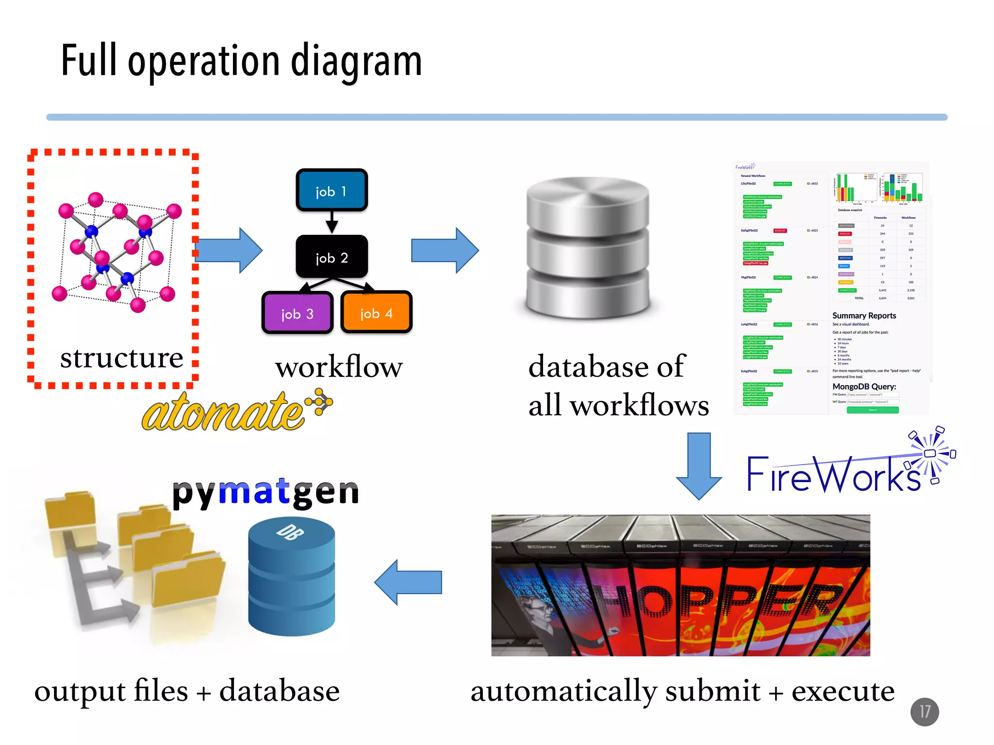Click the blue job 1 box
coord(331,190)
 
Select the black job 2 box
coord(331,257)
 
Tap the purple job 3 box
coord(297,313)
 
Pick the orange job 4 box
coord(376,312)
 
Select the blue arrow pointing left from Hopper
coord(408,582)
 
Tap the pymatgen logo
coord(265,492)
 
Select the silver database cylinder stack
coord(588,247)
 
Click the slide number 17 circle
coord(924,712)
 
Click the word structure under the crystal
coord(121,358)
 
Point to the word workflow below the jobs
coord(339,367)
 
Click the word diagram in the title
coord(356,62)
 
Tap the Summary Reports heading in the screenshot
coord(864,316)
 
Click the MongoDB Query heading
coord(864,387)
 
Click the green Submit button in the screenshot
coord(872,410)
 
